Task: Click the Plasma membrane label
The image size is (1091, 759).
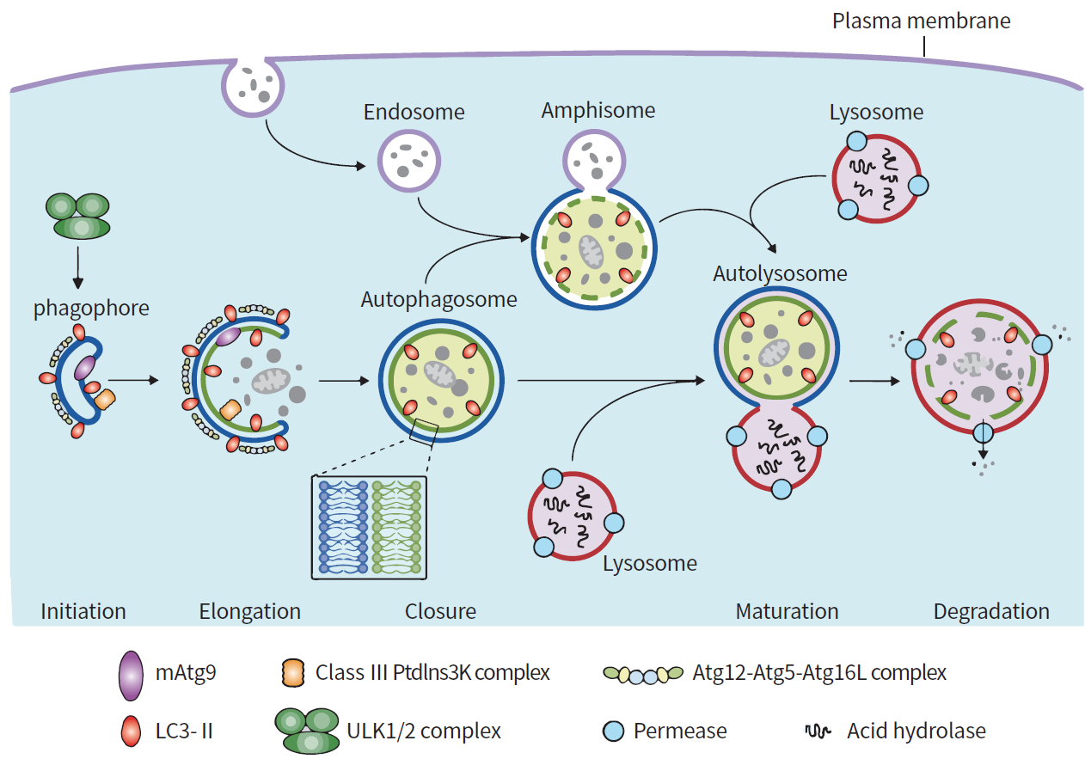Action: point(921,20)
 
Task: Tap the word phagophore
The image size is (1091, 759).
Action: point(91,309)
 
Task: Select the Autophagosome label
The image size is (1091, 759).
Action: point(438,299)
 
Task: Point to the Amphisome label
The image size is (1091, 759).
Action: point(598,111)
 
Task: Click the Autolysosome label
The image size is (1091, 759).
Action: point(780,274)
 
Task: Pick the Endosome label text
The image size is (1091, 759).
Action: point(414,112)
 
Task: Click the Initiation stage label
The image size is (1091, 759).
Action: point(83,611)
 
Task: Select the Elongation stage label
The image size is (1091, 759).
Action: point(250,611)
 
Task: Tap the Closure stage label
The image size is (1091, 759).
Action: point(440,611)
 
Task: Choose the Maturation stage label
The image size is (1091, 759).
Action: point(787,611)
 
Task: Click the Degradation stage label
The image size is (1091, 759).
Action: point(991,611)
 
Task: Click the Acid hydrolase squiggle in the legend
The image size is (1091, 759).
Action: point(817,731)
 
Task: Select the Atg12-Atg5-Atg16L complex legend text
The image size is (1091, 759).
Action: point(819,672)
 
